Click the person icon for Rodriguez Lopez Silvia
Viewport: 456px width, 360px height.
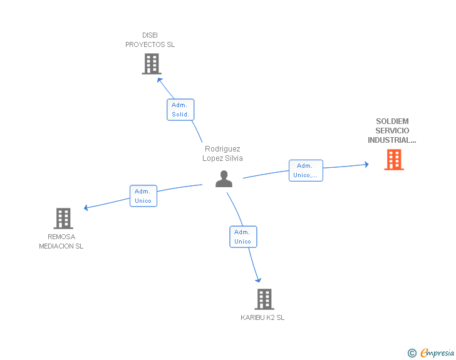point(224,179)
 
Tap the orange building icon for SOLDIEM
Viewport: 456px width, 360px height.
point(394,160)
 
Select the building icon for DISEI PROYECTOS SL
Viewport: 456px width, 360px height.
point(152,64)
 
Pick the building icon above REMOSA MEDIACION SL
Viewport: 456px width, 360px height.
point(63,219)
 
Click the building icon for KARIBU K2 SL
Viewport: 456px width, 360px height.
point(264,299)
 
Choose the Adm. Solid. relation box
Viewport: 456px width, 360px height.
point(180,110)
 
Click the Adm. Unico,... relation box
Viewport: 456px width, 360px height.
point(306,170)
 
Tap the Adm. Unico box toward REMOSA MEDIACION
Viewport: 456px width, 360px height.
point(143,196)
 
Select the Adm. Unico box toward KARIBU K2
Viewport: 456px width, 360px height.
point(243,237)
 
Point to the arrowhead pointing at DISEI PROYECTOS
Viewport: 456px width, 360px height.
point(159,80)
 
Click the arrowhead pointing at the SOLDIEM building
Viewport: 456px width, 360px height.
point(367,165)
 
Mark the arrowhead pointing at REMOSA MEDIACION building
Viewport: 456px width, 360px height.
point(86,208)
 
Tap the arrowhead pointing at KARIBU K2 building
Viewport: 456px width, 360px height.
point(258,280)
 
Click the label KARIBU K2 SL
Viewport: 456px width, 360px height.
point(262,317)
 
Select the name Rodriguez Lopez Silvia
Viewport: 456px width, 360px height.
point(222,153)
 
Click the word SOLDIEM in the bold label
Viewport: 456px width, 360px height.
point(392,121)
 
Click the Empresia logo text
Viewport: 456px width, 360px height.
point(437,352)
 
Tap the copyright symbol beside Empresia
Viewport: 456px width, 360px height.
point(412,353)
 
